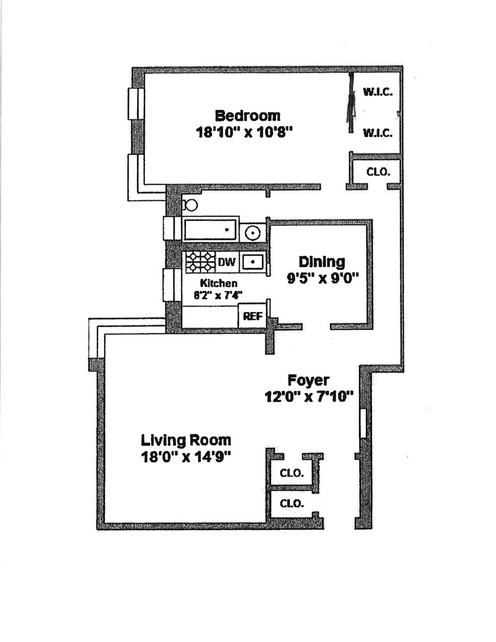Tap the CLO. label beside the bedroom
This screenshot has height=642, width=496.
378,171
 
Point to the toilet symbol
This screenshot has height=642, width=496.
190,206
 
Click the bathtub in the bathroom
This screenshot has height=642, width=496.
210,230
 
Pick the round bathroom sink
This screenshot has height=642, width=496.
253,233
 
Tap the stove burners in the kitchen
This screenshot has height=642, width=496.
200,262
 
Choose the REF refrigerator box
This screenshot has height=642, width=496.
252,317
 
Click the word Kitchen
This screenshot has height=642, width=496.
219,283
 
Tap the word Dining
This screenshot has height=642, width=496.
322,262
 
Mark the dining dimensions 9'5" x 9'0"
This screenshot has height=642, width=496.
322,278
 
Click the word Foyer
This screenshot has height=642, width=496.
309,380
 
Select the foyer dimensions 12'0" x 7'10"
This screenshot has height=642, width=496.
309,396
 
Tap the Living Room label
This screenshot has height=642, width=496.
186,440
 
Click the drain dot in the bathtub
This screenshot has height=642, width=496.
227,229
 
